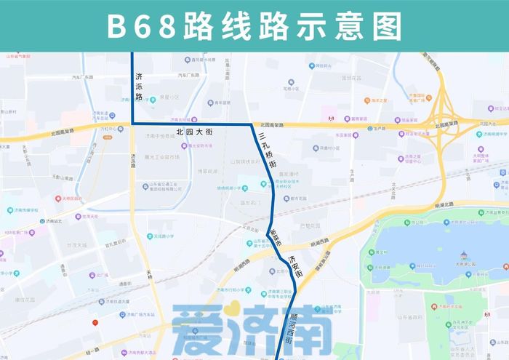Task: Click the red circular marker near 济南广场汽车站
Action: coord(95,322)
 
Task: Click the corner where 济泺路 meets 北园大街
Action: coord(132,125)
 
